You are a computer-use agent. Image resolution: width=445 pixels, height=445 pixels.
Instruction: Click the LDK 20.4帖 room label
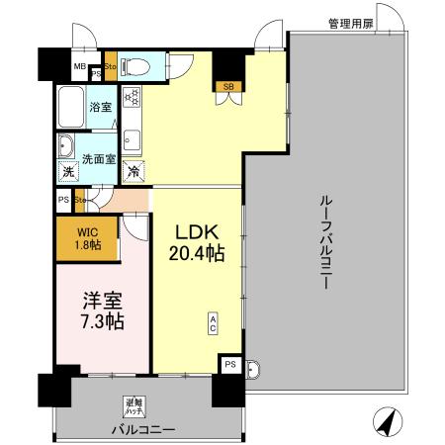coord(199,242)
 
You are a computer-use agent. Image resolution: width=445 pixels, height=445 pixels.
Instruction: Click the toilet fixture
coord(137,67)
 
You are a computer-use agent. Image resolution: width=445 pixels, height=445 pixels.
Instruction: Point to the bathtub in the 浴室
coord(71,104)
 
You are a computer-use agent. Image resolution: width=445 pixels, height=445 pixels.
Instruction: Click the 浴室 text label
coord(100,106)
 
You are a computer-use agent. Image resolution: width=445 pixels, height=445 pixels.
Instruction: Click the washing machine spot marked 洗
coord(67,172)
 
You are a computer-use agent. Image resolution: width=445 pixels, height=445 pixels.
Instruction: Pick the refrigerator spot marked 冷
coord(133,172)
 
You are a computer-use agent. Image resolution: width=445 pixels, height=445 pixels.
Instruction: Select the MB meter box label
coord(78,67)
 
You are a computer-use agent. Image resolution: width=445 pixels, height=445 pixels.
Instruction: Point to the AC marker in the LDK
coord(212,322)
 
